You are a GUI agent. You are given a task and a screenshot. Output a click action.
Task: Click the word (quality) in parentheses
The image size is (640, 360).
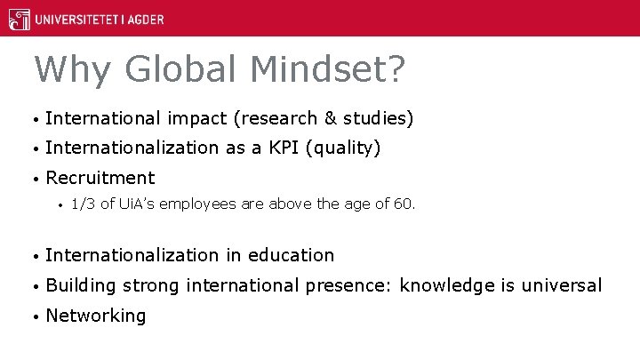pyautogui.click(x=343, y=148)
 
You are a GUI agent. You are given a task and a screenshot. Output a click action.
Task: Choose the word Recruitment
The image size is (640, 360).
pyautogui.click(x=100, y=178)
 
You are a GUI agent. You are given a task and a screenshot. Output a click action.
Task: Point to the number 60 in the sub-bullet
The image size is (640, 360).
pyautogui.click(x=404, y=204)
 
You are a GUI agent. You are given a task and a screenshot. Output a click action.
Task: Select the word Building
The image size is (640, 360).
pyautogui.click(x=81, y=285)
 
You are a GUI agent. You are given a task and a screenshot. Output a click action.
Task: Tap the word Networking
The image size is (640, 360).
pyautogui.click(x=95, y=316)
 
